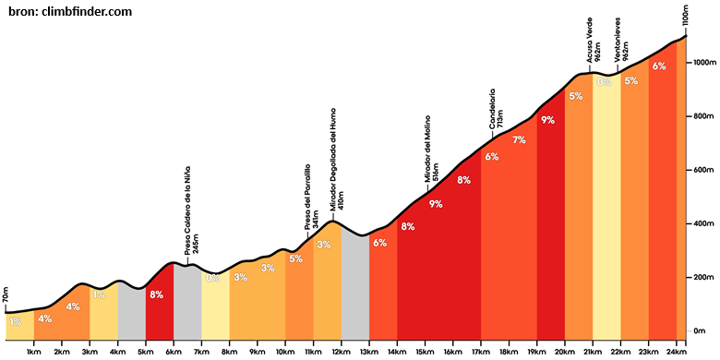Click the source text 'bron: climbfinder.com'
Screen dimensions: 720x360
point(70,11)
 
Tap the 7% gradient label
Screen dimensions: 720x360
point(519,140)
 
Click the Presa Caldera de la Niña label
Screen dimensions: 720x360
point(192,210)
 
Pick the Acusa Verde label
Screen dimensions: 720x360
point(593,40)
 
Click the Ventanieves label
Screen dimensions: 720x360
point(621,40)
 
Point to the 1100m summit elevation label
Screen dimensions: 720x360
point(685,17)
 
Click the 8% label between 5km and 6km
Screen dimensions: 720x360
point(157,295)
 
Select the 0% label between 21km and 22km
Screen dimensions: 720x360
point(604,82)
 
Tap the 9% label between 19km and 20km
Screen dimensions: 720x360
point(547,121)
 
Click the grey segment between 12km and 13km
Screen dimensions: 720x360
point(355,283)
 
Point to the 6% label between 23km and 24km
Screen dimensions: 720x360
point(659,66)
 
